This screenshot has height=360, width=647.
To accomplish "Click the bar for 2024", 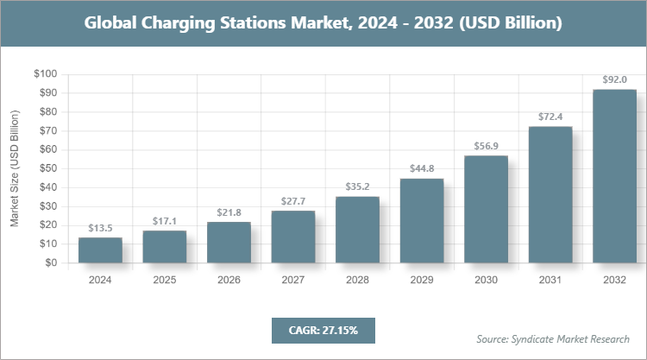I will (100, 250).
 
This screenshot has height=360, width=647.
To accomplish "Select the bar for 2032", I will (614, 176).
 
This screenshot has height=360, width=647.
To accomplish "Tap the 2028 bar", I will (357, 230).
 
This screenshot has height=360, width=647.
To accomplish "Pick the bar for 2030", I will (486, 209).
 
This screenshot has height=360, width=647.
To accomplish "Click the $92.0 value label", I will (614, 79).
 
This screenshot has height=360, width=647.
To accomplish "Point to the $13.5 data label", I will (100, 228).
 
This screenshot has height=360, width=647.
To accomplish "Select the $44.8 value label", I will (421, 169).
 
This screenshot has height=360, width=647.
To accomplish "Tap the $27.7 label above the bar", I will (292, 201).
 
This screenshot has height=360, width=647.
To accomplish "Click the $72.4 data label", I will (550, 117).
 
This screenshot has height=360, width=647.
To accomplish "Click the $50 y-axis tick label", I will (47, 168).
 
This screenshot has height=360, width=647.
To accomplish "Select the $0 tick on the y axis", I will (51, 263).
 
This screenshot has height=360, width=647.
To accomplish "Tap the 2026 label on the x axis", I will (229, 280).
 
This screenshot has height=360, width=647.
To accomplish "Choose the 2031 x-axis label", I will (550, 280).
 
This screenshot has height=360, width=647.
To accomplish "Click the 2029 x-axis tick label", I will (421, 280).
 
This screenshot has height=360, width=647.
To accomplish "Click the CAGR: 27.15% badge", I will (323, 330).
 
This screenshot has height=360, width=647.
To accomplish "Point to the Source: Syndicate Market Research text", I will (553, 338).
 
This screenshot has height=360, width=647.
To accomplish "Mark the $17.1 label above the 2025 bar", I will (164, 221).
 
